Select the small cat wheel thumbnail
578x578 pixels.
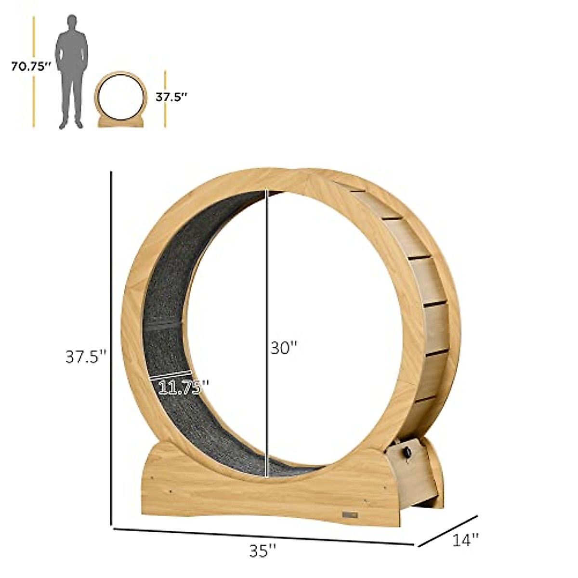[x=120, y=99]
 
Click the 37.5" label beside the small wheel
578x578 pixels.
[x=171, y=96]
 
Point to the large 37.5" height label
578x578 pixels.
[x=85, y=357]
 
